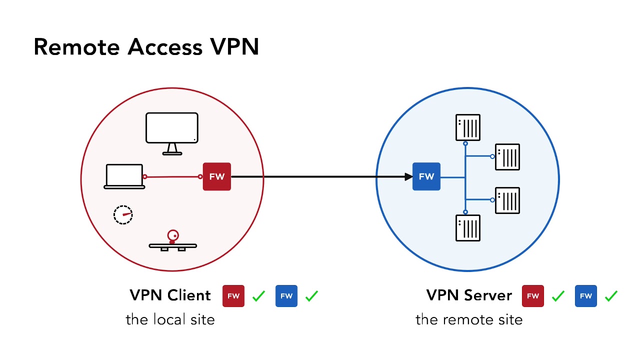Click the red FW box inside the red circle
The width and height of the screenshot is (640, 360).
coord(216,176)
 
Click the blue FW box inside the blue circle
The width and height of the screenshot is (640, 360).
coord(426,176)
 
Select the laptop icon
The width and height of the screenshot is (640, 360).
coord(124,176)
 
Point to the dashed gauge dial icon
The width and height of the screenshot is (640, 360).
coord(123,214)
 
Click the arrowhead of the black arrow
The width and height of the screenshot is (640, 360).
coord(407,176)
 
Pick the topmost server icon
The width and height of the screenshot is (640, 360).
coord(467,127)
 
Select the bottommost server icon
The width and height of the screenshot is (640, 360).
coord(467,228)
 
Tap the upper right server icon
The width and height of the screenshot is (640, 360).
coord(507,156)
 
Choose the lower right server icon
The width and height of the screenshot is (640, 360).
coord(507,200)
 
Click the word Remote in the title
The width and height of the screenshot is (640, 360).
coord(77,47)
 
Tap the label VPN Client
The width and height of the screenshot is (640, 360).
coord(170,295)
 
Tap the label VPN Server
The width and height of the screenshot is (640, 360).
coord(469,295)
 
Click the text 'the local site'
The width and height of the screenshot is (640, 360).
coord(170,319)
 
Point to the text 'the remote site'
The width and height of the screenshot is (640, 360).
coord(469,319)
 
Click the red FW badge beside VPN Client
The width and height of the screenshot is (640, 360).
coord(233,296)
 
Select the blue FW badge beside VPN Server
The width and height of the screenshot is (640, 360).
coord(585,296)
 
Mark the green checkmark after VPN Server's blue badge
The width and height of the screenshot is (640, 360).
coord(611,296)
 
